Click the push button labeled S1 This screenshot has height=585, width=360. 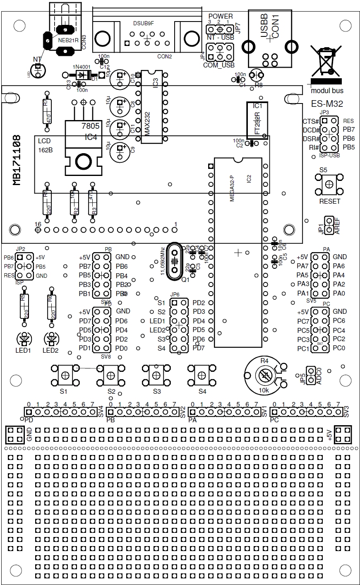pos(65,375)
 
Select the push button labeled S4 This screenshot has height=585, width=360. pos(201,375)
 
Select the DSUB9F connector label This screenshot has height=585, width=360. pos(143,23)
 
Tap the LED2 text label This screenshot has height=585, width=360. pos(50,351)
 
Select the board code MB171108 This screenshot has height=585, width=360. pos(17,159)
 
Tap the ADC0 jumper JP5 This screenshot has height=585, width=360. pos(310,375)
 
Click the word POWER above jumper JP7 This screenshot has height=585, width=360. pos(220,16)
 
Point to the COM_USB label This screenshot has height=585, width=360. pos(219,65)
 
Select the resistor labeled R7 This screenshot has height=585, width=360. pos(46,112)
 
